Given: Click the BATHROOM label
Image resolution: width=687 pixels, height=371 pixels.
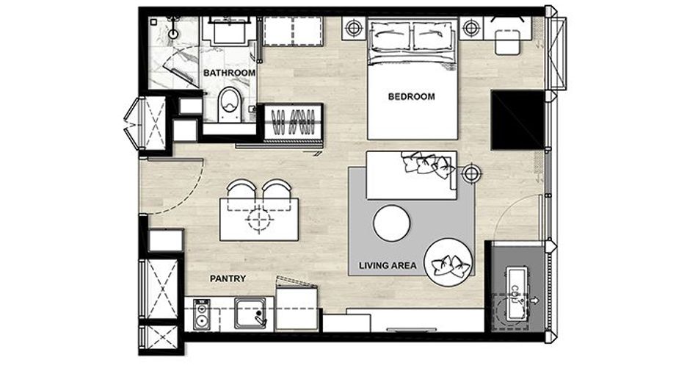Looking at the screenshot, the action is pyautogui.click(x=229, y=73).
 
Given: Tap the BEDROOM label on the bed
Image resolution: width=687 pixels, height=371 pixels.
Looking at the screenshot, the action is pyautogui.click(x=412, y=96).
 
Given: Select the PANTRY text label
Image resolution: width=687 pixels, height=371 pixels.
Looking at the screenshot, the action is pyautogui.click(x=228, y=278).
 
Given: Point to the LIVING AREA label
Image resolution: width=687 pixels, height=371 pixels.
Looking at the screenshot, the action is pyautogui.click(x=388, y=265).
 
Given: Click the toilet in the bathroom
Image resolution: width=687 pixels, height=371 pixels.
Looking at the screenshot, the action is pyautogui.click(x=229, y=105).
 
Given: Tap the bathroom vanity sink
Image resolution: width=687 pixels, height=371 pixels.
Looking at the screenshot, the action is pyautogui.click(x=229, y=32).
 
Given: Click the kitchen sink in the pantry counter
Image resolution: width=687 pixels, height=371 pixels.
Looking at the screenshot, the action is pyautogui.click(x=250, y=313).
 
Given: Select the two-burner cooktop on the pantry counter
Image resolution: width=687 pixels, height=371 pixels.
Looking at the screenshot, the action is pyautogui.click(x=202, y=314).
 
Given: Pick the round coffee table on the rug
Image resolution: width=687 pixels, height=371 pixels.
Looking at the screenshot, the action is pyautogui.click(x=392, y=223).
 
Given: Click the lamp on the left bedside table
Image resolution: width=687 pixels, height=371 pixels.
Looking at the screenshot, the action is pyautogui.click(x=354, y=29).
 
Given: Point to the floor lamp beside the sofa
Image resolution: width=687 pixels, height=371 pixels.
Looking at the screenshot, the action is pyautogui.click(x=471, y=173).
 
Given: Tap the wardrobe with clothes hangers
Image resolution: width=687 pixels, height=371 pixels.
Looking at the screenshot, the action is pyautogui.click(x=293, y=123).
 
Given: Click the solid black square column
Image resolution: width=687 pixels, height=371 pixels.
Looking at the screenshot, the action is pyautogui.click(x=518, y=120).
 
